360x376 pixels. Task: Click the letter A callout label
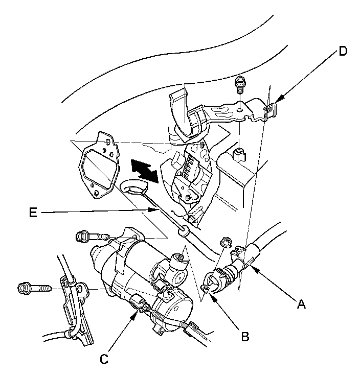[301, 306]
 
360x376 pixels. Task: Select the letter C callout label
[104, 359]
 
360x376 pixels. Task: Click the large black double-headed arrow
[144, 170]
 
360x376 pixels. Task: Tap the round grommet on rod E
[183, 233]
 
